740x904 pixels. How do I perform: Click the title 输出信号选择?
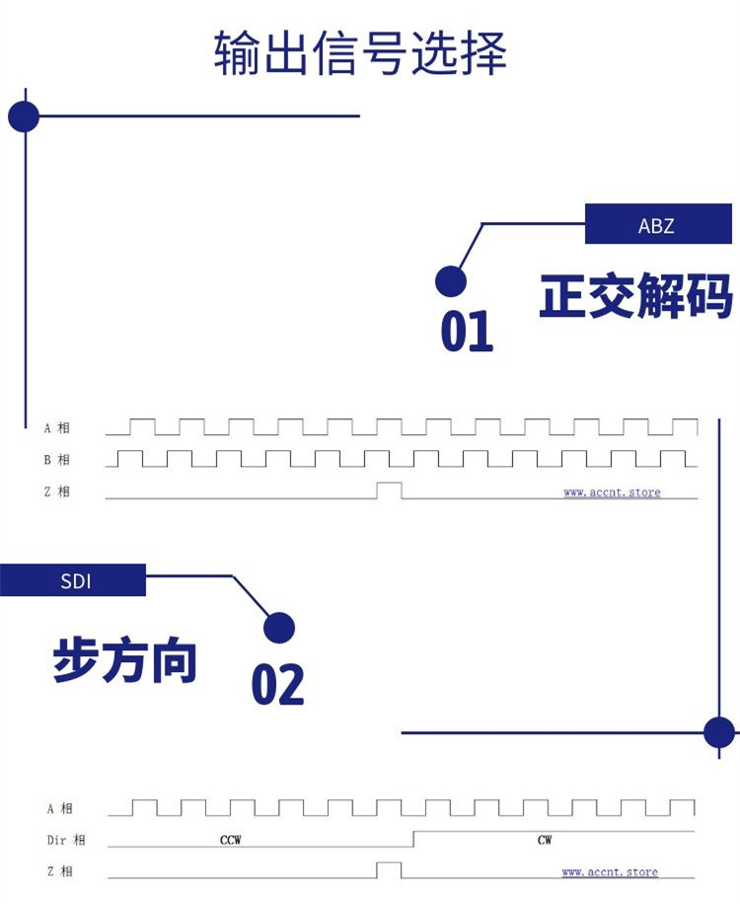pyautogui.click(x=360, y=54)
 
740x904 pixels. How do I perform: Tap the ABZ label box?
pyautogui.click(x=656, y=224)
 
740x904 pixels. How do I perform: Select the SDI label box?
pyautogui.click(x=74, y=580)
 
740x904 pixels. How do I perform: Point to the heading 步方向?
pyautogui.click(x=125, y=660)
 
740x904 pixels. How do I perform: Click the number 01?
pyautogui.click(x=466, y=332)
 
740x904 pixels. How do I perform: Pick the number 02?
pyautogui.click(x=277, y=684)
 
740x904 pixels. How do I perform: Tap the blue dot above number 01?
pyautogui.click(x=451, y=281)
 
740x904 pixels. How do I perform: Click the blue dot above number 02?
pyautogui.click(x=279, y=628)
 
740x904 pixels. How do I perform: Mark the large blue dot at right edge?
pyautogui.click(x=719, y=732)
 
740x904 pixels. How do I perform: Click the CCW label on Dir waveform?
pyautogui.click(x=230, y=841)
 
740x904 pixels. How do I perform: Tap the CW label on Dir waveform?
pyautogui.click(x=545, y=841)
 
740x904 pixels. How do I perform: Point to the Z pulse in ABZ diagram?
pyautogui.click(x=389, y=490)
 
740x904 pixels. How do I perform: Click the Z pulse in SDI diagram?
pyautogui.click(x=389, y=869)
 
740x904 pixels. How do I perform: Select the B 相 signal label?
pyautogui.click(x=56, y=460)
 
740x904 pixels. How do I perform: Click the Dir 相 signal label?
pyautogui.click(x=65, y=840)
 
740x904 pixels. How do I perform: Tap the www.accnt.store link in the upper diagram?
pyautogui.click(x=612, y=491)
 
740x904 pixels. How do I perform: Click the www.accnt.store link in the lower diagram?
pyautogui.click(x=610, y=871)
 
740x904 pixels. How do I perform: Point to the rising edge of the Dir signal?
pyautogui.click(x=412, y=839)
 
